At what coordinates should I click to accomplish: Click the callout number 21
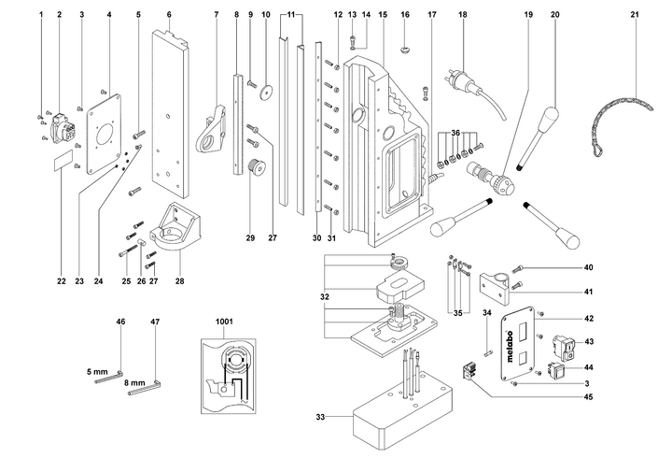(635, 16)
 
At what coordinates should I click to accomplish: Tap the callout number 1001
(225, 321)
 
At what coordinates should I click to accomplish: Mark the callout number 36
(456, 133)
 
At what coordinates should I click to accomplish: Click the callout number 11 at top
(291, 16)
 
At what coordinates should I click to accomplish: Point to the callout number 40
(589, 268)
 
